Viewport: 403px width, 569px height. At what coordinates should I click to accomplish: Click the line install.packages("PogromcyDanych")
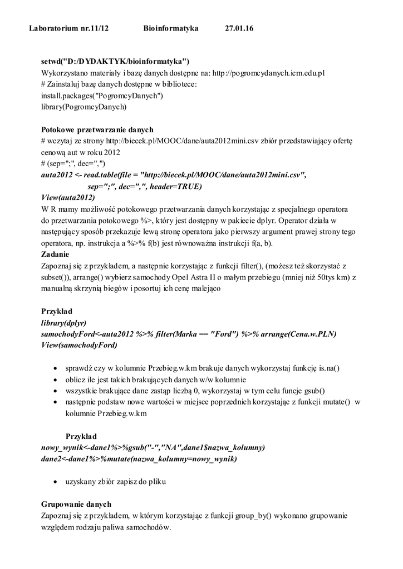[102, 95]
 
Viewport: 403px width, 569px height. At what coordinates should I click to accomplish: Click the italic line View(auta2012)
[68, 197]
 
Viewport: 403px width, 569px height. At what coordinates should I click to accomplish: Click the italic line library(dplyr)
[64, 322]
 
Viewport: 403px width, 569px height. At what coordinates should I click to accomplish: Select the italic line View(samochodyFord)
[80, 345]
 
